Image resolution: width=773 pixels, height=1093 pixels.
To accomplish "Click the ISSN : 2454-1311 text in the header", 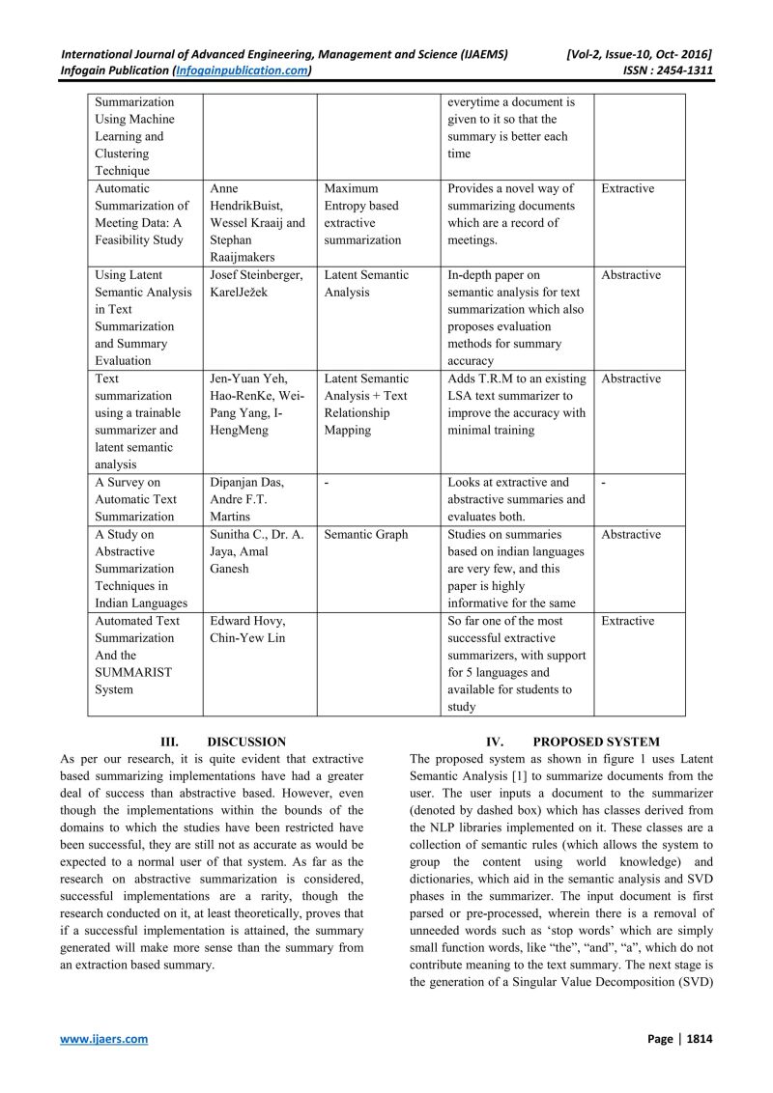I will coord(658,70).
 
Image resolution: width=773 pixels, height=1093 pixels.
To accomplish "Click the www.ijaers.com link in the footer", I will coord(104,1038).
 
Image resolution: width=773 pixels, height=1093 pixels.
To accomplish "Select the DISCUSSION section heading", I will coord(246,742).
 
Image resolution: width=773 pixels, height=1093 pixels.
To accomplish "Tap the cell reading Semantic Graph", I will coord(366,534).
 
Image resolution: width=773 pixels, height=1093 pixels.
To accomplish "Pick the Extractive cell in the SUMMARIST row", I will coord(627,621).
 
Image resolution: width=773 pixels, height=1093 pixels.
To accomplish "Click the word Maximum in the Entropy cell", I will coord(351,188).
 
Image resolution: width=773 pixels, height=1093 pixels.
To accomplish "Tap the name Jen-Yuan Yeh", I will coord(248,378).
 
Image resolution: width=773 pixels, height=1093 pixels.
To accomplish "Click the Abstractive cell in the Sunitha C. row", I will coord(631,534).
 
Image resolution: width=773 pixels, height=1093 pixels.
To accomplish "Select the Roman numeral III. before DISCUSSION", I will coord(168,742).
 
